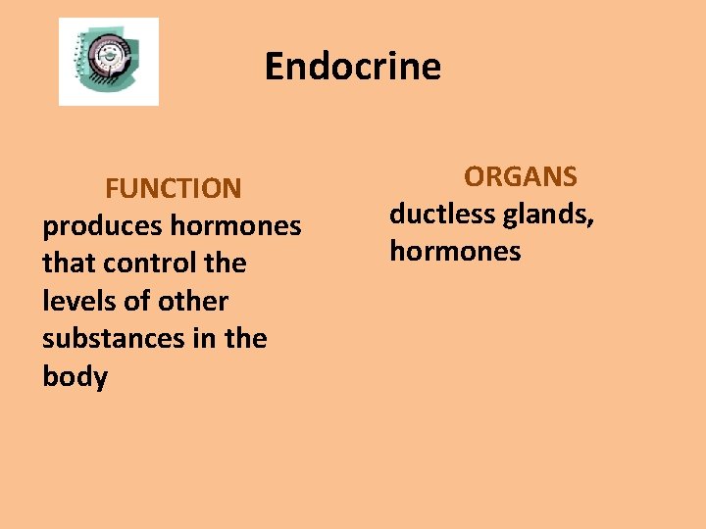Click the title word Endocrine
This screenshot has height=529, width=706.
pyautogui.click(x=353, y=67)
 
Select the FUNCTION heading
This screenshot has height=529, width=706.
pyautogui.click(x=174, y=187)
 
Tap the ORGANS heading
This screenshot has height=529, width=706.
pyautogui.click(x=521, y=176)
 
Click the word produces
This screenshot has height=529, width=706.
pyautogui.click(x=101, y=226)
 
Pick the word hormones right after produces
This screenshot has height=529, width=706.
pyautogui.click(x=235, y=226)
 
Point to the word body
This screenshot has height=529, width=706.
pyautogui.click(x=75, y=376)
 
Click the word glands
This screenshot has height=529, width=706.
pyautogui.click(x=549, y=214)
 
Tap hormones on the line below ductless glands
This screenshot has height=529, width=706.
pyautogui.click(x=455, y=252)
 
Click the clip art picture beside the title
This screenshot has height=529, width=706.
pyautogui.click(x=108, y=61)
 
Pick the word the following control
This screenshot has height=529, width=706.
pyautogui.click(x=226, y=264)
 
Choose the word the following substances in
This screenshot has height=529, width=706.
pyautogui.click(x=245, y=338)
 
